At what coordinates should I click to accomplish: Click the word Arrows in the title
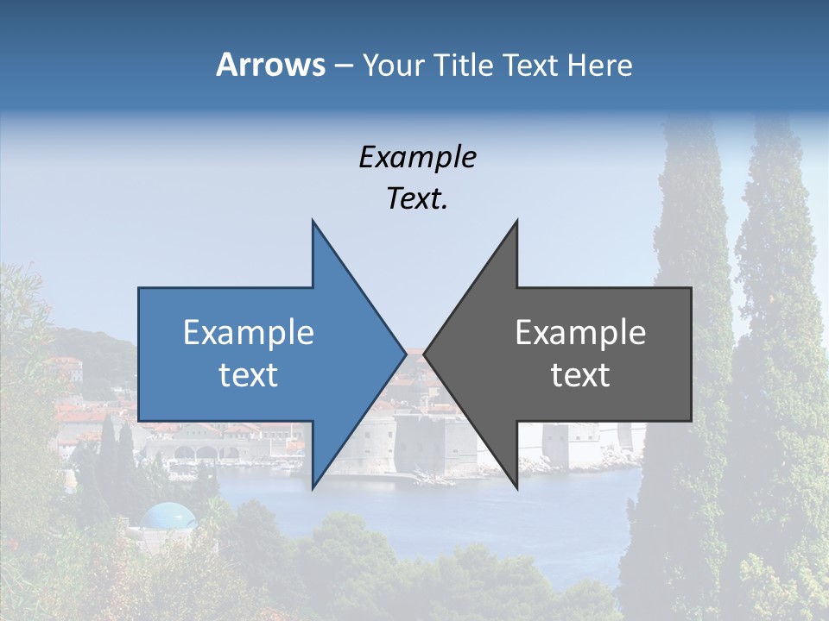pos(269,65)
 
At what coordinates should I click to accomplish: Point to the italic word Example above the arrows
pos(417,158)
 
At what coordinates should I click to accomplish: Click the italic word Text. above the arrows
pos(417,199)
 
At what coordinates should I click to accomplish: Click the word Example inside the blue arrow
pos(249,333)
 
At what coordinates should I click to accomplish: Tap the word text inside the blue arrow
pos(249,375)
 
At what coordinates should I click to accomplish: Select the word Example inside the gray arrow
pos(580,333)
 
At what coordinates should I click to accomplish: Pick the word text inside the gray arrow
pos(580,375)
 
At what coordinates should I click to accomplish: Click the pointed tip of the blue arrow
pos(405,354)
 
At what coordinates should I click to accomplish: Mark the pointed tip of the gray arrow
pos(425,354)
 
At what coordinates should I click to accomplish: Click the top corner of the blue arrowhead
pos(313,222)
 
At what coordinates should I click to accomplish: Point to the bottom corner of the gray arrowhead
pos(516,487)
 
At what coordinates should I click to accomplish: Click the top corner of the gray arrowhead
pos(516,222)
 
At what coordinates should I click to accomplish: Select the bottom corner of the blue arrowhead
pos(313,487)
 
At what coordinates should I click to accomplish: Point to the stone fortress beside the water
pos(432,444)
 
